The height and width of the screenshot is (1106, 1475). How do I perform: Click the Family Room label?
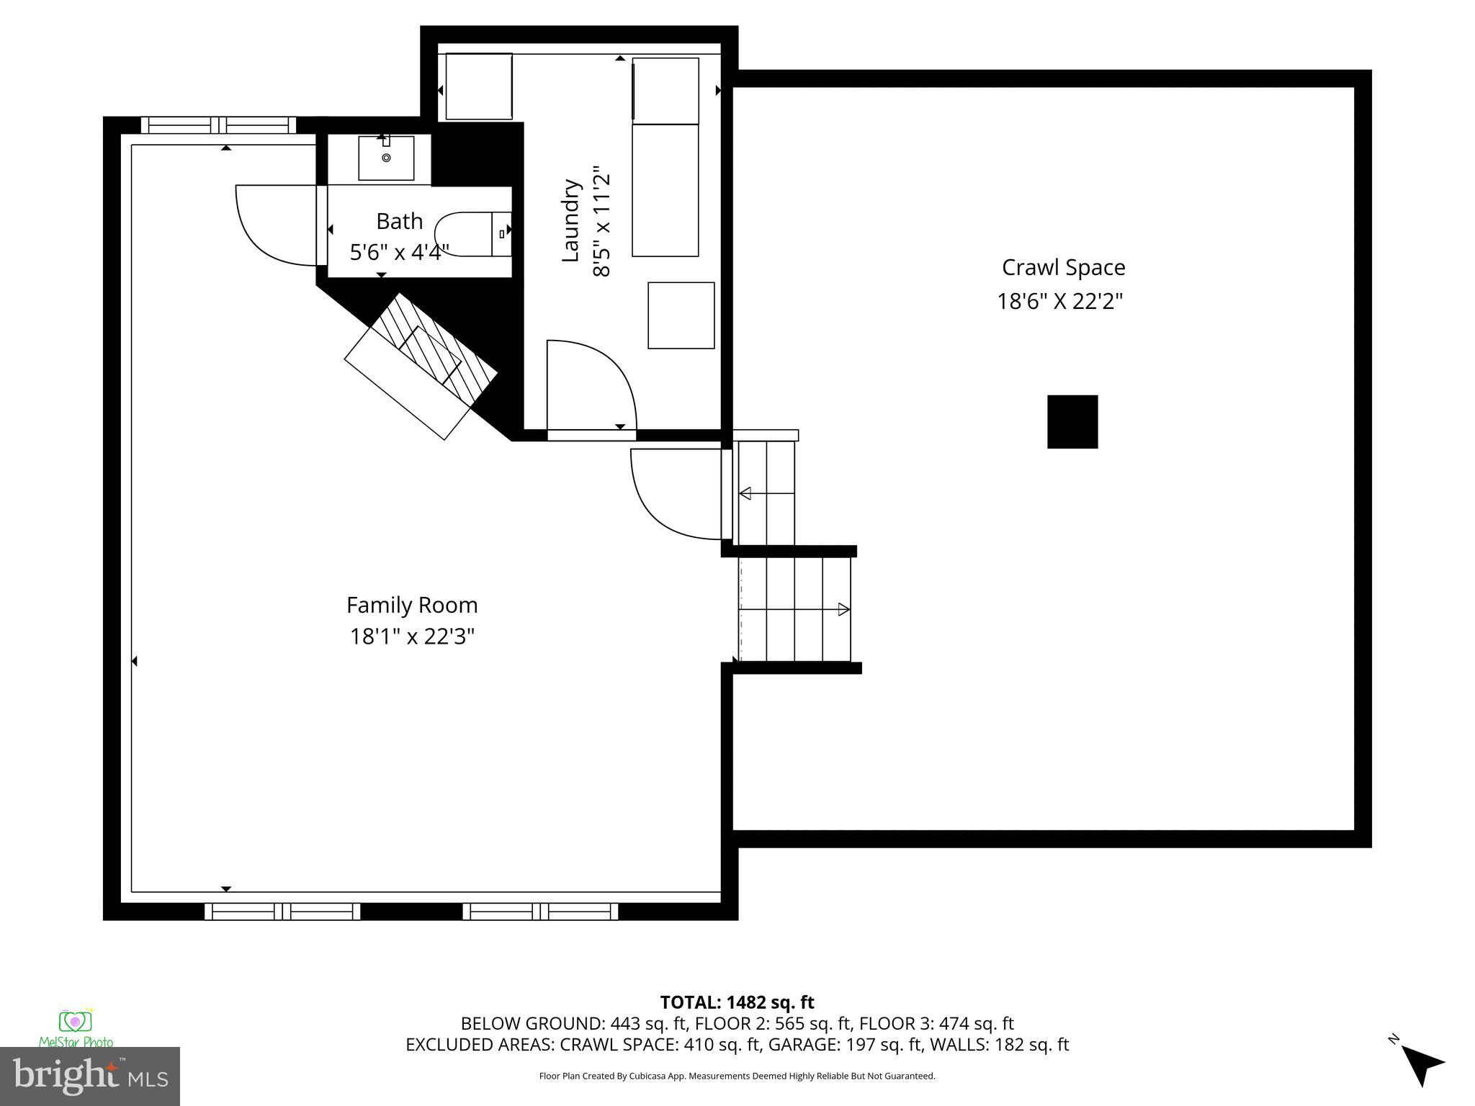pos(412,605)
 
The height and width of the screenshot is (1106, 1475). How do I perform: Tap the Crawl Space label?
pos(1063,267)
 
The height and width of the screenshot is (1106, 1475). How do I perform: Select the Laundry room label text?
pos(571,220)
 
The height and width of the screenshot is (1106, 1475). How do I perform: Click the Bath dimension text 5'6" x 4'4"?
pos(399,253)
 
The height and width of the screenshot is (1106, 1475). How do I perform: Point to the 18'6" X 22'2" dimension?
pos(1059,301)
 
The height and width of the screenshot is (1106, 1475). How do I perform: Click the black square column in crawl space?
pos(1072,421)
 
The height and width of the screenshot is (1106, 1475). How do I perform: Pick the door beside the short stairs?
pos(673,493)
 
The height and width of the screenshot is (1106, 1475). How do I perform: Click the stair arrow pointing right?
pos(843,609)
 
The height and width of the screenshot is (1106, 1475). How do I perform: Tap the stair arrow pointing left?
pos(746,493)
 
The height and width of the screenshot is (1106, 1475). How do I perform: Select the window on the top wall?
pos(218,125)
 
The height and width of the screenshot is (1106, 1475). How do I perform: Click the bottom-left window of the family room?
pos(282,912)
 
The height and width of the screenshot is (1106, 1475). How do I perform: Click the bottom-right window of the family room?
pos(540,912)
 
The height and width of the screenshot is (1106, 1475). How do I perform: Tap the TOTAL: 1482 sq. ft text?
pos(737,1002)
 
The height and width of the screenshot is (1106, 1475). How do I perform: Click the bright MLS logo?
pos(90,1076)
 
